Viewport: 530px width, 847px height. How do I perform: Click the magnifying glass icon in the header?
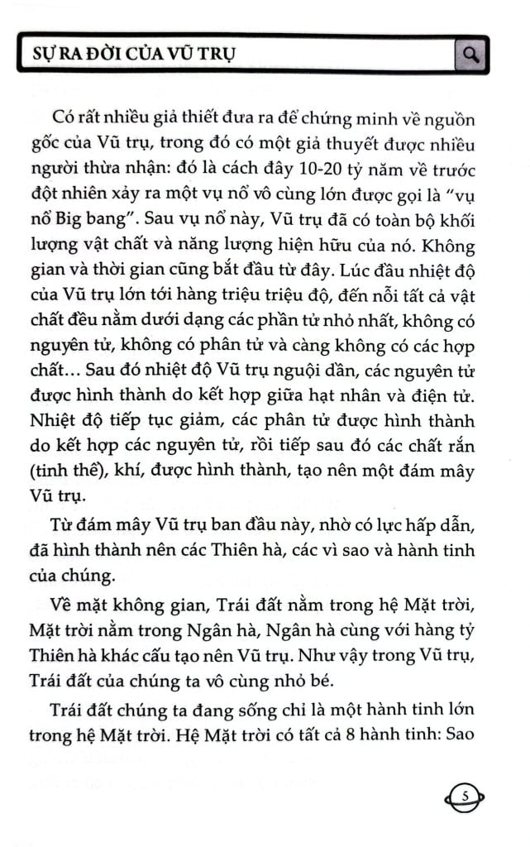coord(472,55)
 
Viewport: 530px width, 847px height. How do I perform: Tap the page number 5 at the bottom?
coord(466,797)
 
